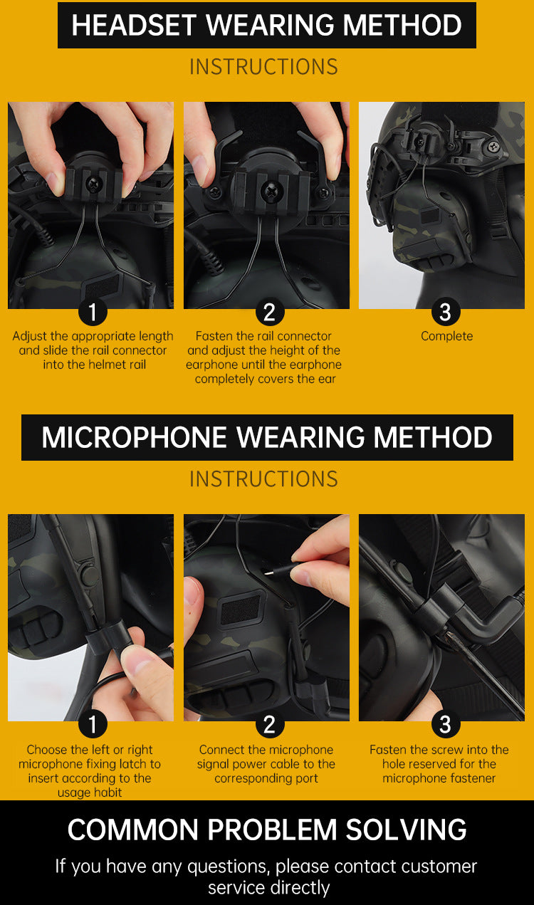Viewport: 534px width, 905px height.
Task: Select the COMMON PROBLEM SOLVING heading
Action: (267, 830)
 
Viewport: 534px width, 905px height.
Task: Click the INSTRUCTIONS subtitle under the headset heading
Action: (263, 67)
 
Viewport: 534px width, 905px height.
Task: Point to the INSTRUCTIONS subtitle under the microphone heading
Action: (263, 479)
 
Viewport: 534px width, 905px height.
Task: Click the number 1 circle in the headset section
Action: (92, 312)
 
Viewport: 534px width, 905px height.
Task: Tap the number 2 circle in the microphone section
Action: (269, 725)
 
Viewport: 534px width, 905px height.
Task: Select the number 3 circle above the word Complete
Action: (445, 312)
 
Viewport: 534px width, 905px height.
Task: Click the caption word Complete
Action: (446, 336)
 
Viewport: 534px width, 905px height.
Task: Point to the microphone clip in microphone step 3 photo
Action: (441, 605)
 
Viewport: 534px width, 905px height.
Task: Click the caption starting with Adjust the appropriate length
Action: (93, 350)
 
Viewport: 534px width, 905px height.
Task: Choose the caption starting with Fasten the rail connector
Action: (264, 357)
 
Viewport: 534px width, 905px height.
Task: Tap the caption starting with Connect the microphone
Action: (266, 764)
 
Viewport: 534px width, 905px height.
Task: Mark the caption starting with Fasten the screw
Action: (439, 764)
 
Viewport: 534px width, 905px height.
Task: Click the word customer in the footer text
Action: (439, 867)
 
